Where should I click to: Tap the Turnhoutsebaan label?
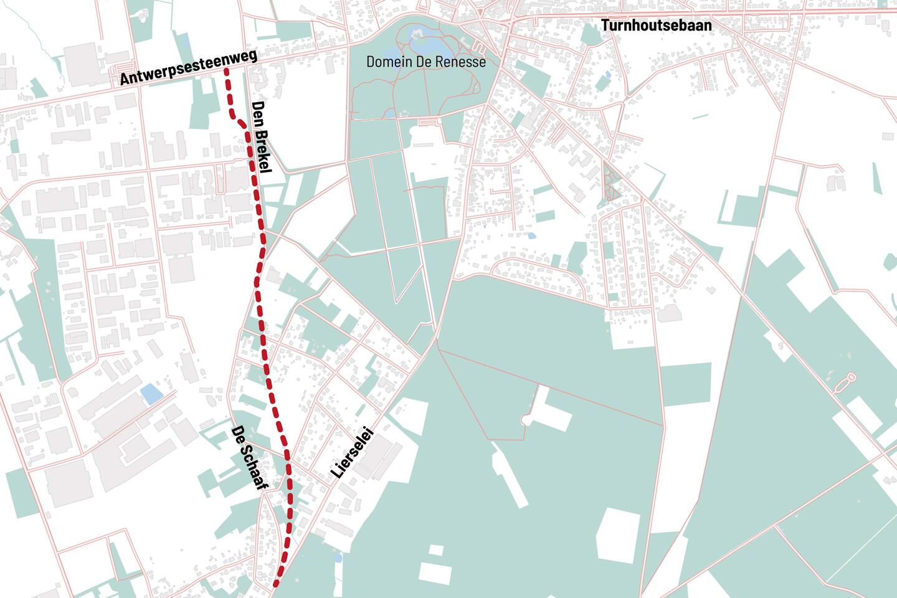click(656, 26)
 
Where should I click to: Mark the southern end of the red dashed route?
click(276, 584)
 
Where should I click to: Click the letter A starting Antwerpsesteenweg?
click(124, 80)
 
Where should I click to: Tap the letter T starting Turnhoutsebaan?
click(605, 26)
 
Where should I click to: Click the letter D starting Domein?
click(371, 62)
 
